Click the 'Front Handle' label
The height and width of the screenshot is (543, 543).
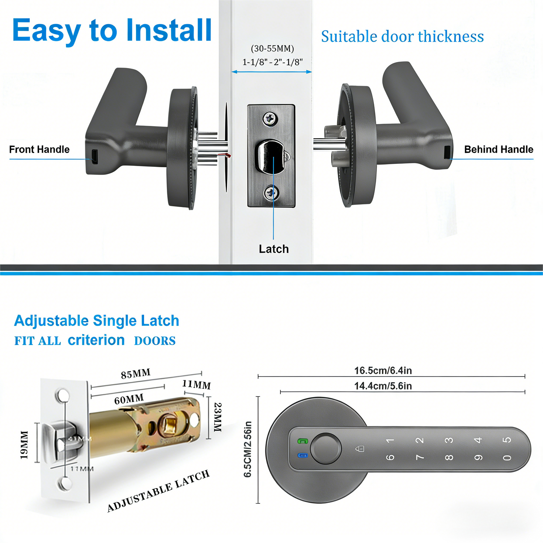pos(39,150)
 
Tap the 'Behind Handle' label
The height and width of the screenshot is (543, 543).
pos(498,150)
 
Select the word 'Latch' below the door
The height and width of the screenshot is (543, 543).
pos(274,249)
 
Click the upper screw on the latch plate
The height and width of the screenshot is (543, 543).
pos(270,119)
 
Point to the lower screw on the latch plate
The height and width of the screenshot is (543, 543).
pos(271,193)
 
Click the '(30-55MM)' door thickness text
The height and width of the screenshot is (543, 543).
pos(272,48)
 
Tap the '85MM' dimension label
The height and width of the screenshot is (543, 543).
pos(136,374)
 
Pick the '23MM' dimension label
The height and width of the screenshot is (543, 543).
pos(218,417)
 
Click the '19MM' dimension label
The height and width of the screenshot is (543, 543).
pos(24,445)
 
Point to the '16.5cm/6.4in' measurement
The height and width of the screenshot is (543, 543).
pos(383,371)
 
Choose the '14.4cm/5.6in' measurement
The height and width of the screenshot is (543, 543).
pos(383,386)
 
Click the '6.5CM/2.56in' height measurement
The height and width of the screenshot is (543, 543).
pos(248,449)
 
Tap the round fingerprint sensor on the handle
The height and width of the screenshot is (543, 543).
pos(326,449)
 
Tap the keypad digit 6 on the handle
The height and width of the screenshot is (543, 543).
pos(390,457)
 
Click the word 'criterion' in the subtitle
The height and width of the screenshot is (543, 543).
pos(96,340)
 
